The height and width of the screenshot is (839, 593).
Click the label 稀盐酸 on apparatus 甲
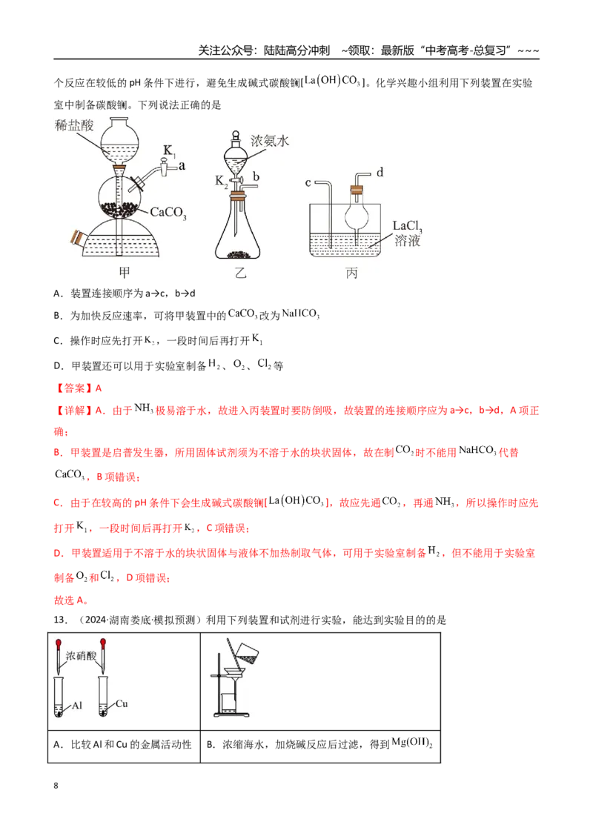(74, 125)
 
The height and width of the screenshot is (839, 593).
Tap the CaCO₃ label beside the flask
(168, 213)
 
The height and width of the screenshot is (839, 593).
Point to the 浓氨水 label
(270, 141)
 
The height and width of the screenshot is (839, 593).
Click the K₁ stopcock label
(169, 151)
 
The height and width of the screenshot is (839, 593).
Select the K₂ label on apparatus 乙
(222, 182)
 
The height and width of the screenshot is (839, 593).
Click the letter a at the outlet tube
(182, 166)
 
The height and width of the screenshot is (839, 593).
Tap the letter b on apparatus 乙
(256, 176)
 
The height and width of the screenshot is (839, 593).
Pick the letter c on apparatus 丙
(308, 183)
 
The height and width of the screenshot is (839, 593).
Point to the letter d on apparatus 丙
(380, 172)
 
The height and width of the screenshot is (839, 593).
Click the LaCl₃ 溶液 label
(407, 233)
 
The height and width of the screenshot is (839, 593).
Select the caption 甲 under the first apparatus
(125, 272)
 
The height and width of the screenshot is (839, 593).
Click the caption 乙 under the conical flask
(241, 273)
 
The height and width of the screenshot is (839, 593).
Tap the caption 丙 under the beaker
(351, 273)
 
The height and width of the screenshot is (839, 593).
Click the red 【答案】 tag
(74, 388)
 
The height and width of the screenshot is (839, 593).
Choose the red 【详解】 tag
(74, 411)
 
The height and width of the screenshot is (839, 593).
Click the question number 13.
(60, 620)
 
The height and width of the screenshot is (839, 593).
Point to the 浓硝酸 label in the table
(81, 655)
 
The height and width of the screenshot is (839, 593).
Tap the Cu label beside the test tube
(122, 703)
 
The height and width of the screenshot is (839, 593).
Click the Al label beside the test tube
(76, 706)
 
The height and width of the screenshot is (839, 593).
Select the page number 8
(56, 786)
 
